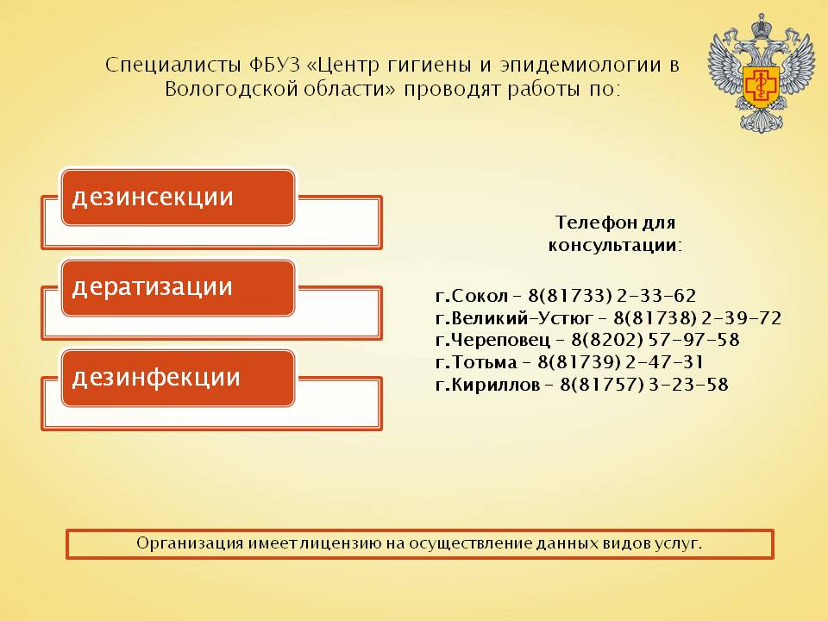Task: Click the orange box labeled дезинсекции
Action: [178, 198]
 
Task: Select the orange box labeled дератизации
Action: [178, 288]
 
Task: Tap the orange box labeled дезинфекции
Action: [178, 378]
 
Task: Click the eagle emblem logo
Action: [761, 72]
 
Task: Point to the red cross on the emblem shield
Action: [761, 85]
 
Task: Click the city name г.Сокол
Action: [472, 295]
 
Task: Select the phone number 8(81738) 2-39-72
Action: [697, 318]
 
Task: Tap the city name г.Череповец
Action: [492, 340]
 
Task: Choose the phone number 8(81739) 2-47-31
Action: [620, 362]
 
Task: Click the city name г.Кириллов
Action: [487, 385]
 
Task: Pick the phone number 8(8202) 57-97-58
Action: [655, 340]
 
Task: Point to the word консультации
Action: [615, 246]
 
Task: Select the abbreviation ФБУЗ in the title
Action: [273, 65]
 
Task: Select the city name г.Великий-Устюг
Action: [514, 318]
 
